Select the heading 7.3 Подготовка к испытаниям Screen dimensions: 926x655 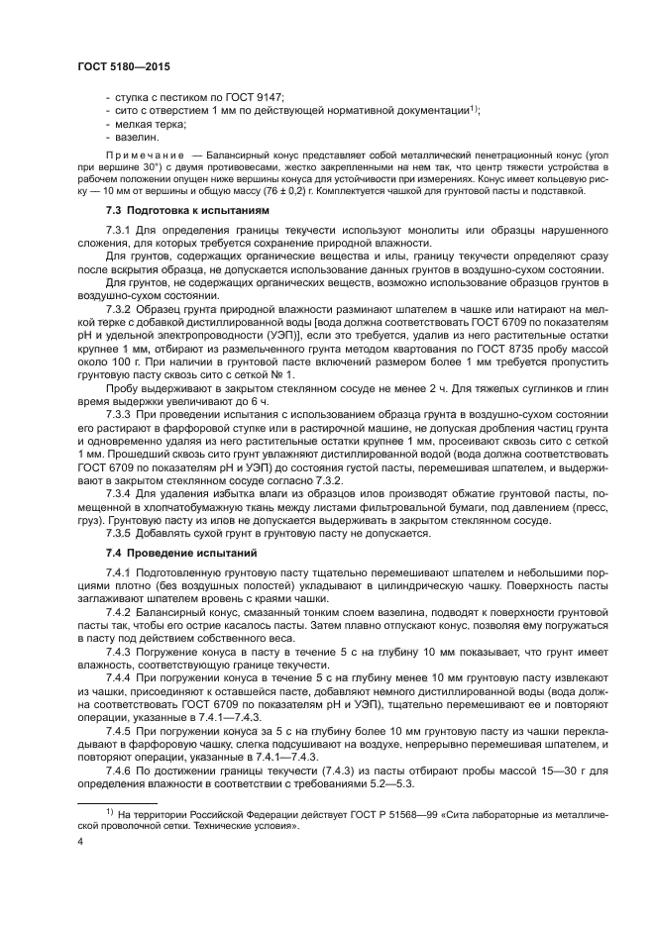tap(186, 211)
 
